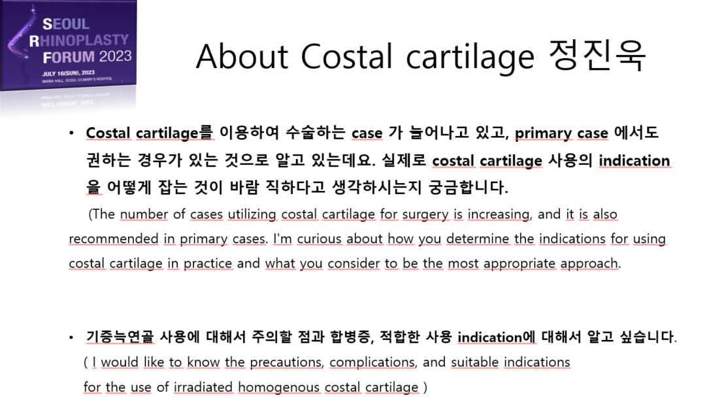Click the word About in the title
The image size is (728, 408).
pyautogui.click(x=242, y=57)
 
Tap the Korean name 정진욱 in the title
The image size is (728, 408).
pyautogui.click(x=597, y=56)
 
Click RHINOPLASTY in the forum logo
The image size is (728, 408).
pyautogui.click(x=79, y=41)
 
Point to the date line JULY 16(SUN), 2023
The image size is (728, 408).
pyautogui.click(x=68, y=73)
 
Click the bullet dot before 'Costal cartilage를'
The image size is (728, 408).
pyautogui.click(x=71, y=133)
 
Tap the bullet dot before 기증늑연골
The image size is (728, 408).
pyautogui.click(x=71, y=337)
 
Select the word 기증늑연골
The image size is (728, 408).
pyautogui.click(x=120, y=337)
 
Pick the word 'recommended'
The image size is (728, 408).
pyautogui.click(x=114, y=239)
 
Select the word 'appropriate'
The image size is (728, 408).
pyautogui.click(x=520, y=263)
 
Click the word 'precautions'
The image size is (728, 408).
pyautogui.click(x=287, y=362)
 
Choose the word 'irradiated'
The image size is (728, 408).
pyautogui.click(x=203, y=387)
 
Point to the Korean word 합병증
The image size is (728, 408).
pyautogui.click(x=352, y=337)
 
